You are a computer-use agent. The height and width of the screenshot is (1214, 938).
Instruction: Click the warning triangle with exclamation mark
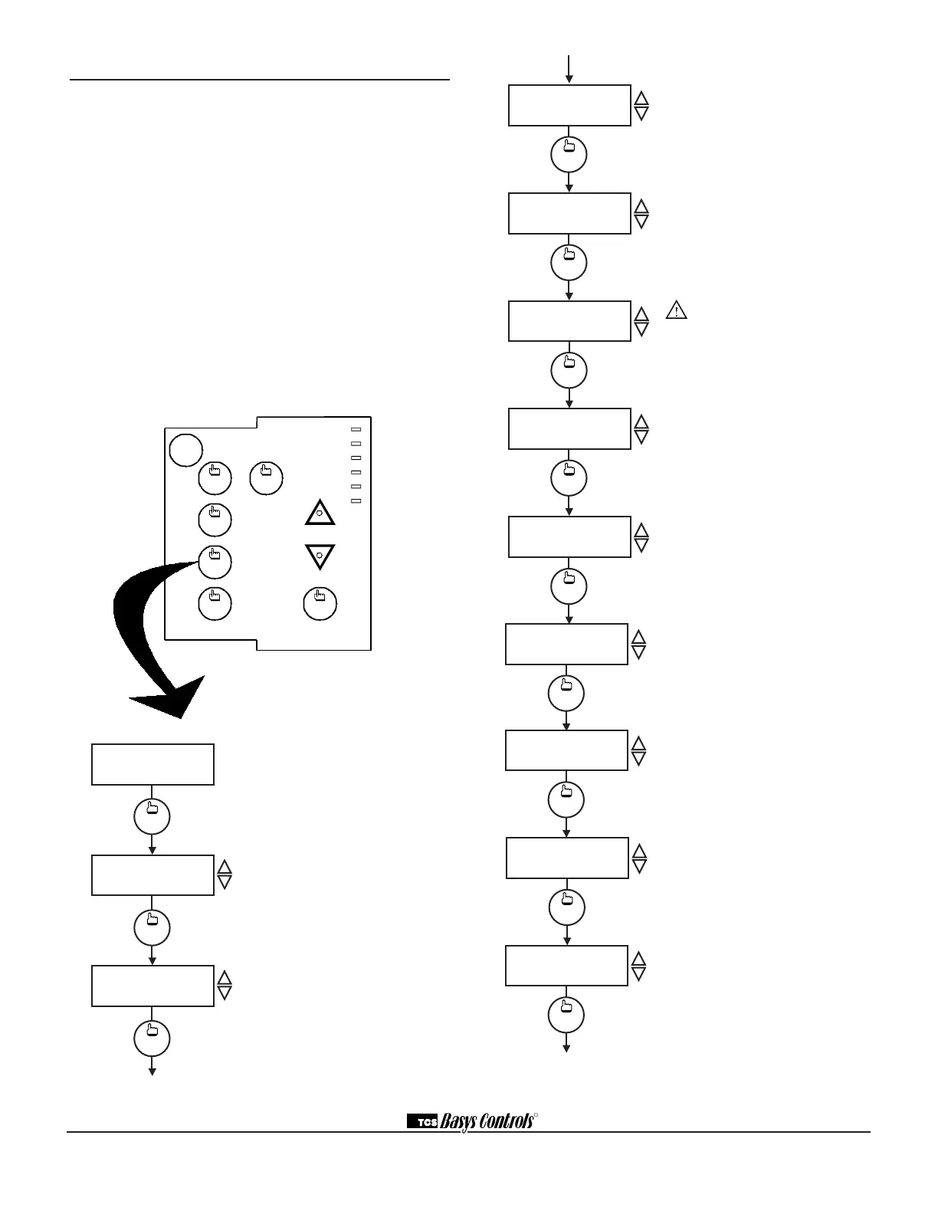(676, 310)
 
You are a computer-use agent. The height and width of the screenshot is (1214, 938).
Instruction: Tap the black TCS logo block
(421, 1122)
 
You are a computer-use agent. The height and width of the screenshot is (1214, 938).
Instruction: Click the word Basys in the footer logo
(459, 1121)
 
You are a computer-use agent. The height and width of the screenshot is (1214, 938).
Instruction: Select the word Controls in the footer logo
(506, 1121)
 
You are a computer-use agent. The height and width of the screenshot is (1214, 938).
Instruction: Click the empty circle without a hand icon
(185, 450)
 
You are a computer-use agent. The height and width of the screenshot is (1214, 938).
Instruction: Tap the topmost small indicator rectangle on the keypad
(356, 429)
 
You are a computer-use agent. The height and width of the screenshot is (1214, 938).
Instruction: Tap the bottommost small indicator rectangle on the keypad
(356, 501)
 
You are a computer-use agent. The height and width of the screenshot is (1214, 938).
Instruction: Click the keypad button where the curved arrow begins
(215, 561)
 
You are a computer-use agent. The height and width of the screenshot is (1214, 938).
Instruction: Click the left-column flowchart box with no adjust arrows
(153, 763)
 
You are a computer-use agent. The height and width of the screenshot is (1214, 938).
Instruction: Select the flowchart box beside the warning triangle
(569, 321)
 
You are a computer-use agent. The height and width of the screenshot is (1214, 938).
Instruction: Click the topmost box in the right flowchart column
(569, 105)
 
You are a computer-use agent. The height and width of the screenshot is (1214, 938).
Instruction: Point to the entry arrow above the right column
(569, 68)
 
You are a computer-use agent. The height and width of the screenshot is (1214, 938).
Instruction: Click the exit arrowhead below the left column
(153, 1071)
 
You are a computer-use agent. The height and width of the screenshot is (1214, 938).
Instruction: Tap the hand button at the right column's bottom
(566, 1015)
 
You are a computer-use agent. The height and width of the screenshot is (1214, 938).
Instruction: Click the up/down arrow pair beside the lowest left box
(225, 984)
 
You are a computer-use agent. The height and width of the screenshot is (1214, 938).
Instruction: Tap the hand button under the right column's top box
(569, 155)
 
